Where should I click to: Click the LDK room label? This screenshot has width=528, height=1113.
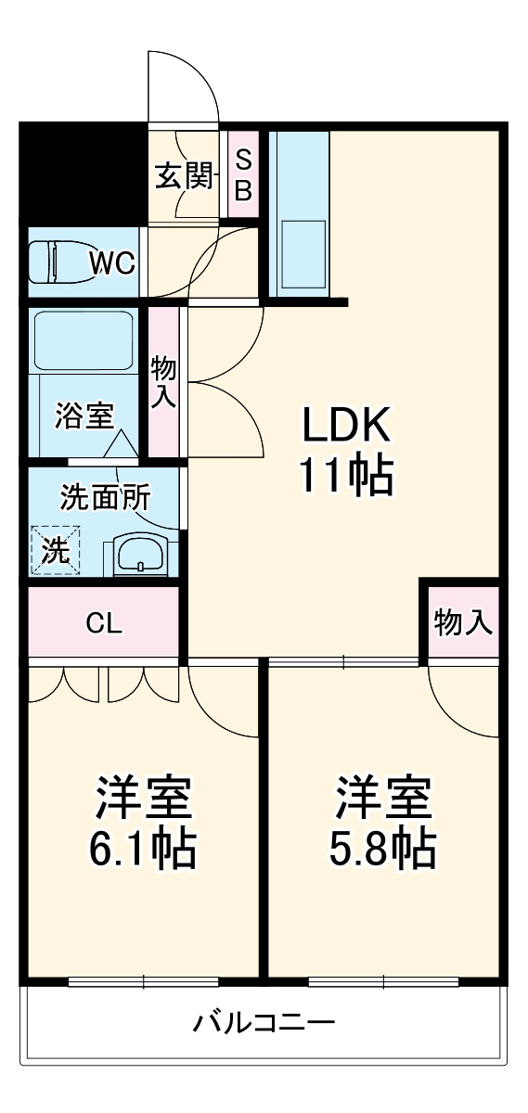pos(346,427)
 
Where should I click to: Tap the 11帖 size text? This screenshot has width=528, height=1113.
pos(346,477)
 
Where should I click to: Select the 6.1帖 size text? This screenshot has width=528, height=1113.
pos(142,848)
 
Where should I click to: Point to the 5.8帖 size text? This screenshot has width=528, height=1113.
pos(383,848)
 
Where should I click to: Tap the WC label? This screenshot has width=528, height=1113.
pos(112,262)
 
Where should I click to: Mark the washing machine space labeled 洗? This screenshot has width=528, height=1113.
pos(55,551)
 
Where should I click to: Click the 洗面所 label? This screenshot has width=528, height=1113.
pos(105,498)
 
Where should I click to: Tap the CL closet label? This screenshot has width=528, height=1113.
pos(103,623)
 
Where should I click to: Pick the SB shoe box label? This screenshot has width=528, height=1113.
pos(242,175)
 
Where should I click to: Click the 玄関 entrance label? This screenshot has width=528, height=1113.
pos(184,175)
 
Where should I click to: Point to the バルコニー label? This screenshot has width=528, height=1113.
pos(264,1025)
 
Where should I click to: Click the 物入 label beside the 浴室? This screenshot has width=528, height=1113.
pos(163,381)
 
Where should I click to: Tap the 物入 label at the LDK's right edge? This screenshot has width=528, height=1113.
pos(463,623)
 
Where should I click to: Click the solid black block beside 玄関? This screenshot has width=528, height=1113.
pos(84,173)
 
